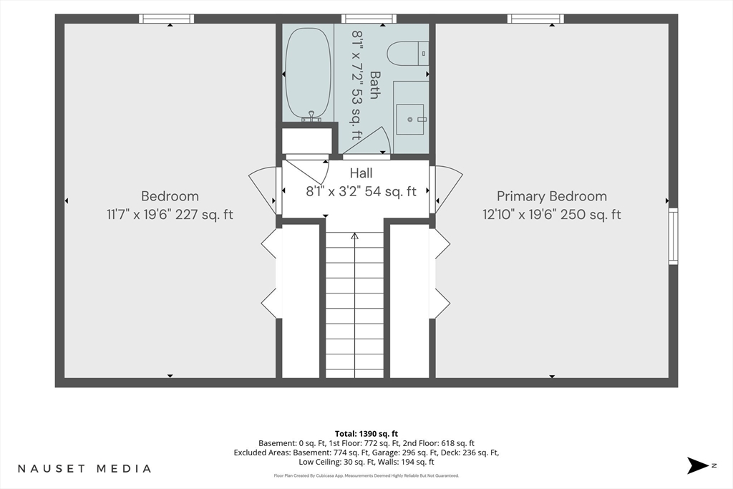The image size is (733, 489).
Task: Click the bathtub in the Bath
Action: pyautogui.click(x=308, y=73)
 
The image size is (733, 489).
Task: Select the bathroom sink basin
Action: pyautogui.click(x=410, y=120)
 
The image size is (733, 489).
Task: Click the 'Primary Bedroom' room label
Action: pyautogui.click(x=552, y=196)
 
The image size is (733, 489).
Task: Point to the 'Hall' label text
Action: pyautogui.click(x=361, y=173)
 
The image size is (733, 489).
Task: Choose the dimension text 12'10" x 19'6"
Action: pyautogui.click(x=520, y=215)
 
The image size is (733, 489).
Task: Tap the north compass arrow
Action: pyautogui.click(x=698, y=465)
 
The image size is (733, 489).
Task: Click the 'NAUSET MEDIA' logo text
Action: pyautogui.click(x=84, y=468)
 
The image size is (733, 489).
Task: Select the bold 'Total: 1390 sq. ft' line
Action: pyautogui.click(x=366, y=434)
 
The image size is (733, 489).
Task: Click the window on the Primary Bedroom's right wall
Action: pyautogui.click(x=673, y=236)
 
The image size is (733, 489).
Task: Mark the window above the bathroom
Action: pyautogui.click(x=369, y=19)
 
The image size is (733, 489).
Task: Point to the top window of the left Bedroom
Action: pyautogui.click(x=166, y=19)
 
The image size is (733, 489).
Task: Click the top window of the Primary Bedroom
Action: pyautogui.click(x=535, y=19)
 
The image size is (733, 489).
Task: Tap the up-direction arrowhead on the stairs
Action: pyautogui.click(x=355, y=236)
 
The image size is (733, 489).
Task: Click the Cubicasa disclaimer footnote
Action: pyautogui.click(x=366, y=476)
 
